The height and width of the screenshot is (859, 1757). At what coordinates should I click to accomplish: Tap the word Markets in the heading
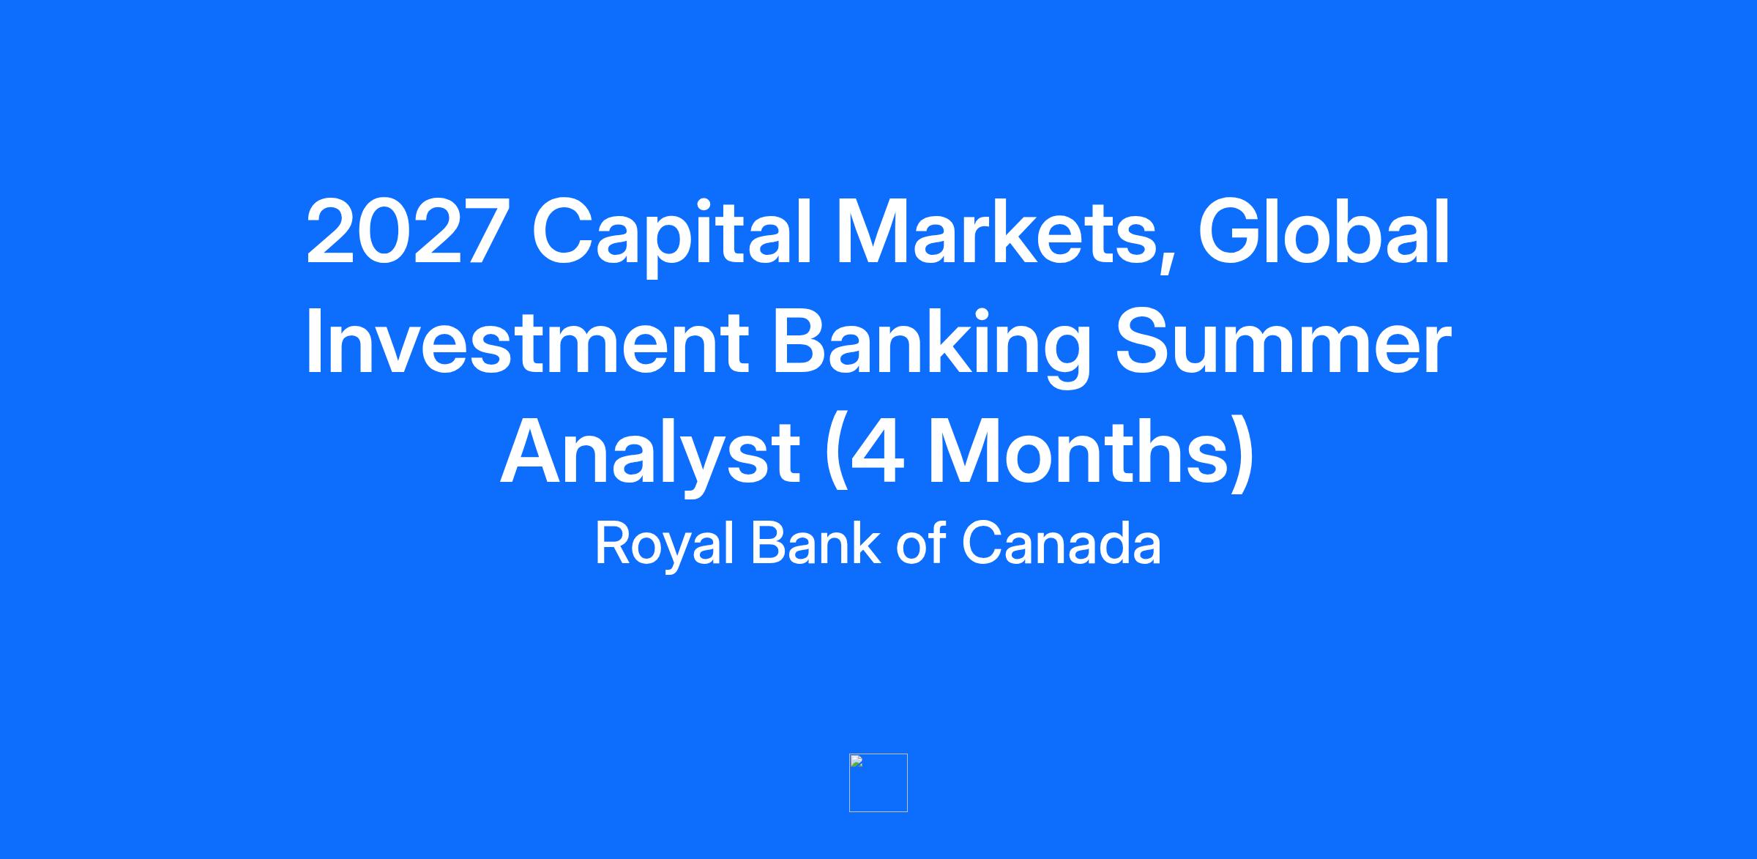[991, 231]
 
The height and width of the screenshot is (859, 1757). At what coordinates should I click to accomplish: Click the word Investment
[526, 341]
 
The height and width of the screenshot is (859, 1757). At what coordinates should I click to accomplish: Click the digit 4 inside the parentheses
[876, 451]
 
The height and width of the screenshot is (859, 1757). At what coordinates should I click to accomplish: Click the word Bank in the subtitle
[816, 543]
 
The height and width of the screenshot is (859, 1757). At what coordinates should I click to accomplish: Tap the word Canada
[1062, 543]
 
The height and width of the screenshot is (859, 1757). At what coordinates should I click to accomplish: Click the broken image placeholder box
[878, 783]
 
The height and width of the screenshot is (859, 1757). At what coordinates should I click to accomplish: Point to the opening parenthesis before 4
[835, 454]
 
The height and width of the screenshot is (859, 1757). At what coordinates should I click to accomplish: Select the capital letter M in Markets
[871, 231]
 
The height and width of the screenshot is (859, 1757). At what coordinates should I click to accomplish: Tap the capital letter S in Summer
[1144, 341]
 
